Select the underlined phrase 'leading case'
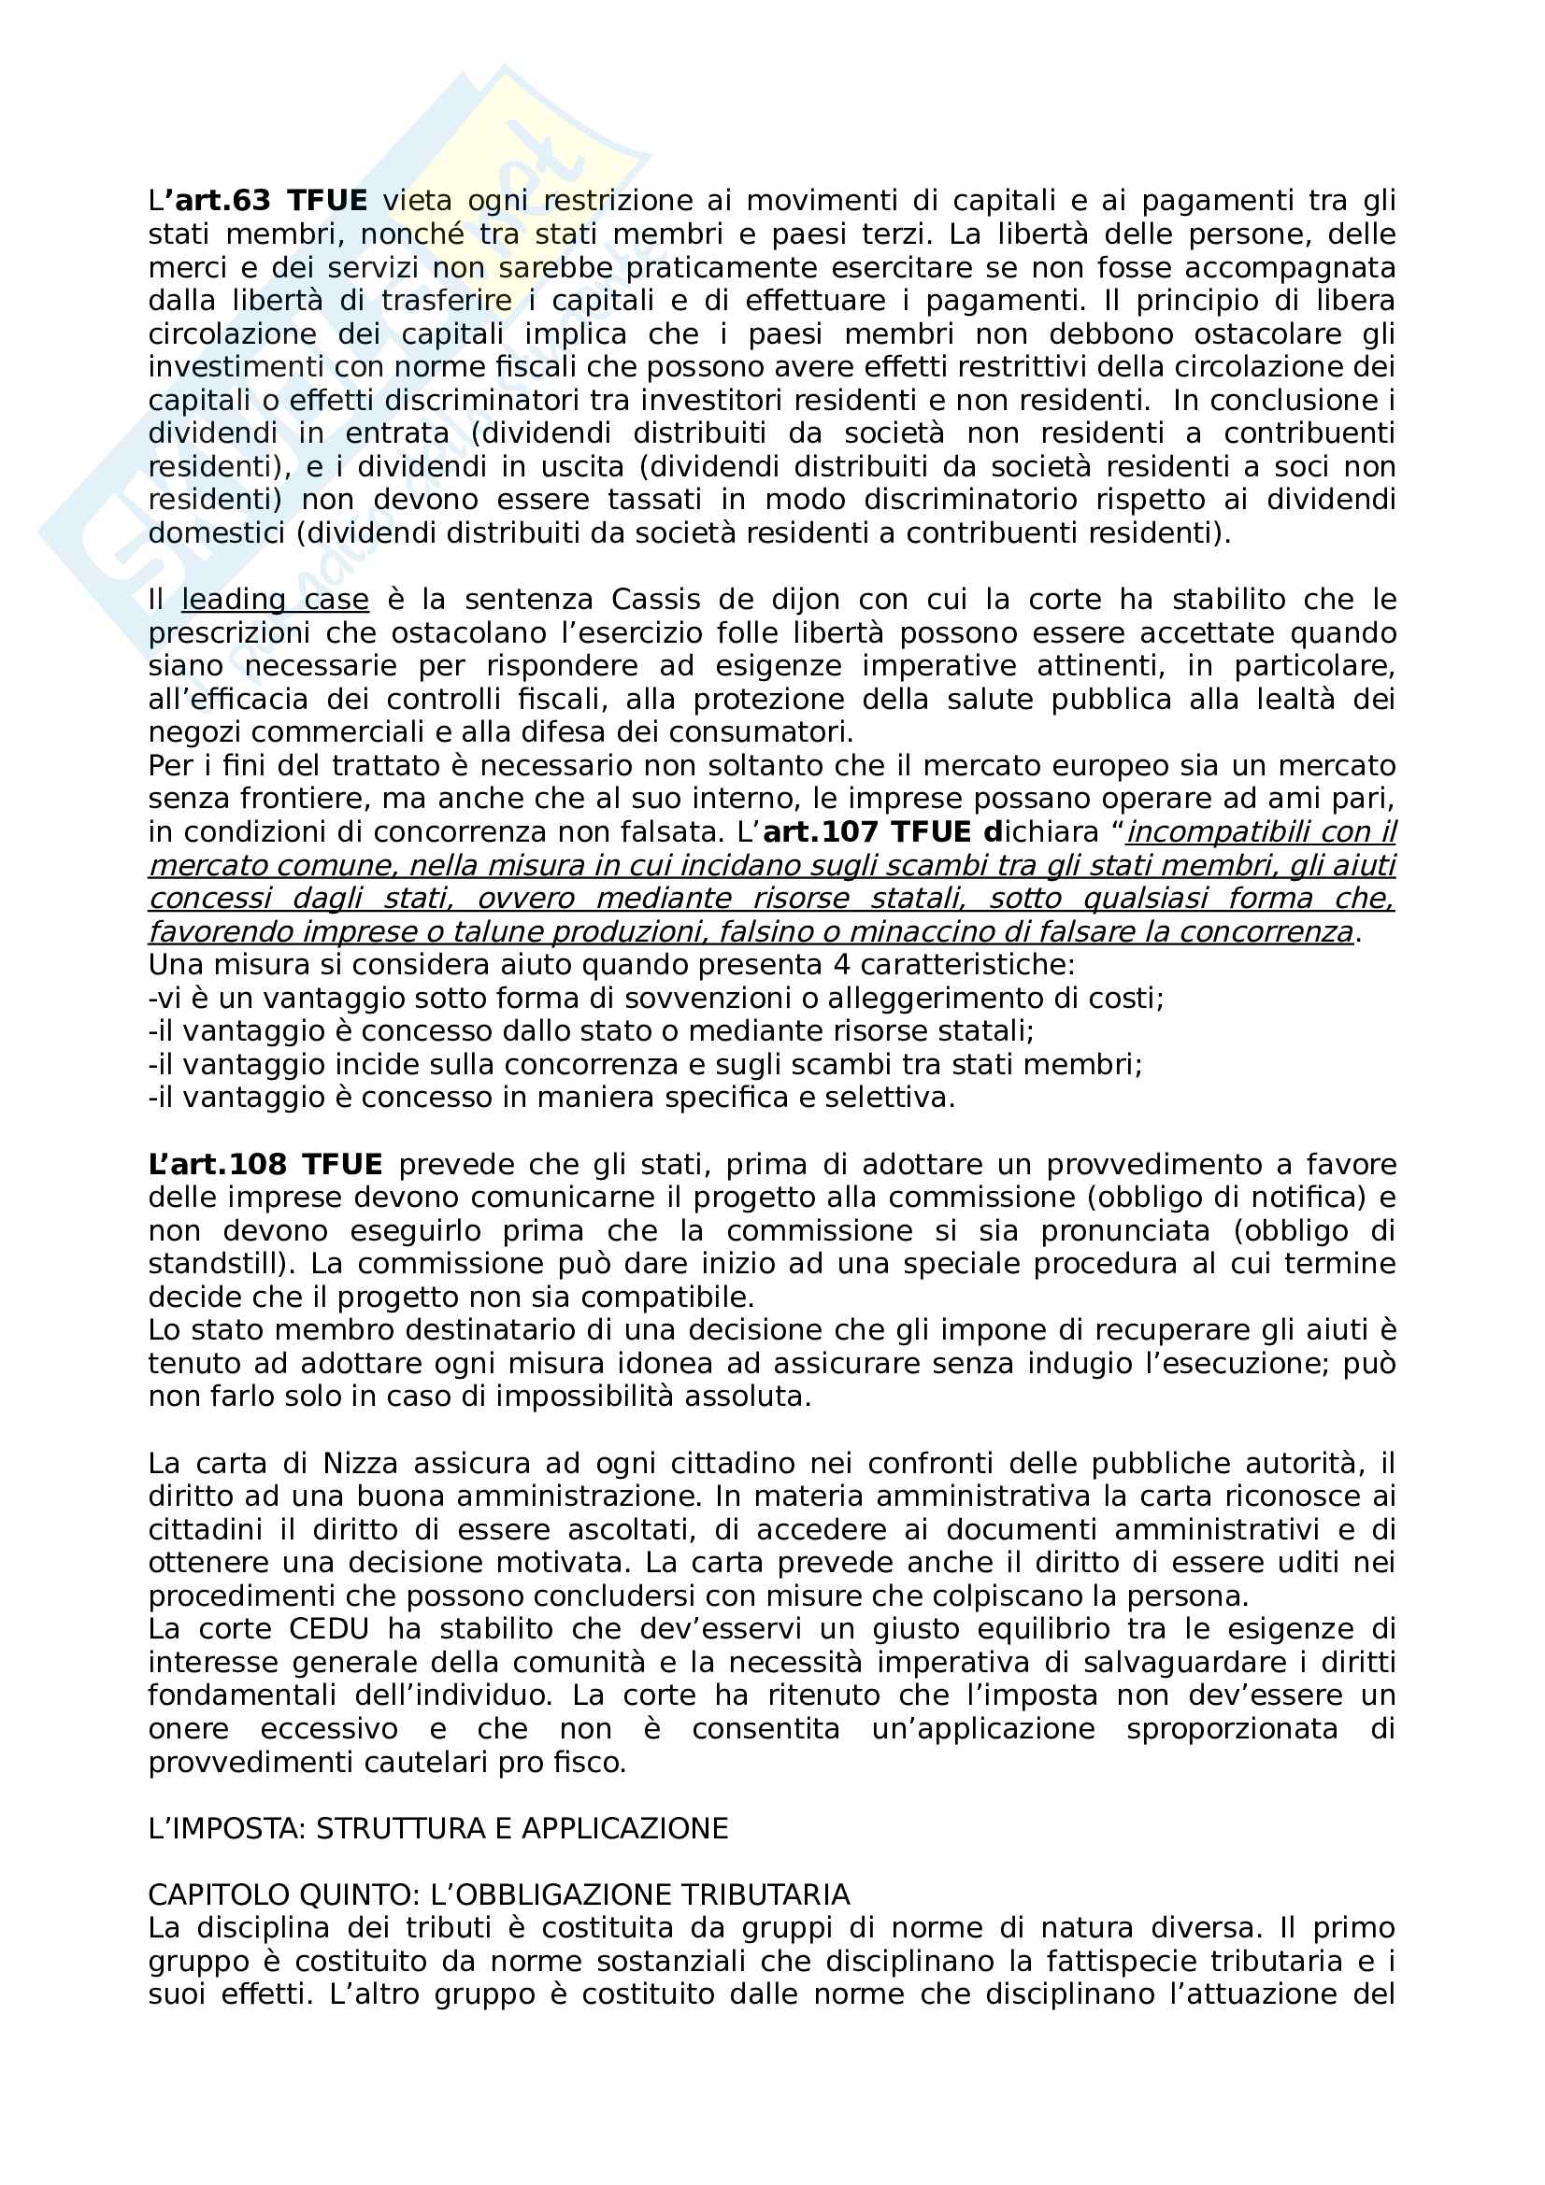tap(275, 600)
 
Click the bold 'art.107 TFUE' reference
tap(866, 831)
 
